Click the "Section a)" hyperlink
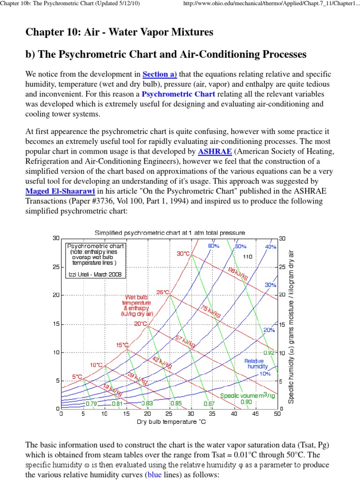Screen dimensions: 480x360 pyautogui.click(x=159, y=74)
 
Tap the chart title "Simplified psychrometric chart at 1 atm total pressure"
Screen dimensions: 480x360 pyautogui.click(x=170, y=232)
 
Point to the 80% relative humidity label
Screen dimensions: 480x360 pyautogui.click(x=214, y=246)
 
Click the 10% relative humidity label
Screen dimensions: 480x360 pyautogui.click(x=265, y=374)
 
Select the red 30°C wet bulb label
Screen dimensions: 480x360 pyautogui.click(x=183, y=254)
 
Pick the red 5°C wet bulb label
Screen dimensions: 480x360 pyautogui.click(x=77, y=376)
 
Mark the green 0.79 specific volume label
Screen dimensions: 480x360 pyautogui.click(x=91, y=403)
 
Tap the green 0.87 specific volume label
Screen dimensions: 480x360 pyautogui.click(x=209, y=403)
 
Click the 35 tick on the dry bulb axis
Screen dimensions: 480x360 pyautogui.click(x=212, y=414)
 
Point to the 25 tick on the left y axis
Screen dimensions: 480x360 pyautogui.click(x=56, y=267)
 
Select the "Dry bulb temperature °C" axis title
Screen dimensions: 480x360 pyautogui.click(x=171, y=422)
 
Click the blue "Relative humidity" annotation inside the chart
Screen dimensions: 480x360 pyautogui.click(x=257, y=363)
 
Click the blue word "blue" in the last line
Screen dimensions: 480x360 pyautogui.click(x=156, y=474)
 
